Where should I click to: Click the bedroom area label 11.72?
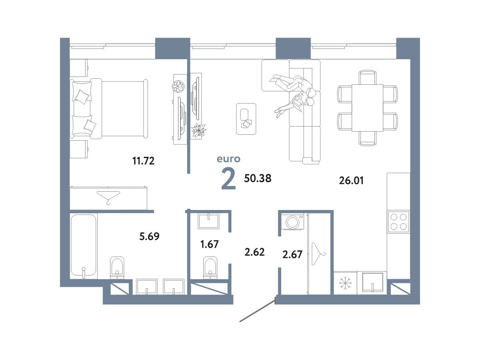[144, 161]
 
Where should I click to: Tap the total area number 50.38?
[258, 178]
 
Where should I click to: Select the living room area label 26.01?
[351, 180]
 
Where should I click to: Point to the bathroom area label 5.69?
[149, 236]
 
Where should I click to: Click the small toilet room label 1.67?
[210, 244]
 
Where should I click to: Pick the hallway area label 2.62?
[254, 252]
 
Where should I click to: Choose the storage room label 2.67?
[292, 254]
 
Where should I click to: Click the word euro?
[228, 159]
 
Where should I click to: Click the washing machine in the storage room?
[292, 222]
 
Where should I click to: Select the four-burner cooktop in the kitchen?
[398, 222]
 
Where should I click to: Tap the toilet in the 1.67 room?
[210, 267]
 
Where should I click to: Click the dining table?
[367, 108]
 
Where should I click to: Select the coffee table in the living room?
[246, 119]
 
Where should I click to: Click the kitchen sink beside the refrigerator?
[372, 282]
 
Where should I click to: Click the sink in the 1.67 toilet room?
[208, 222]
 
